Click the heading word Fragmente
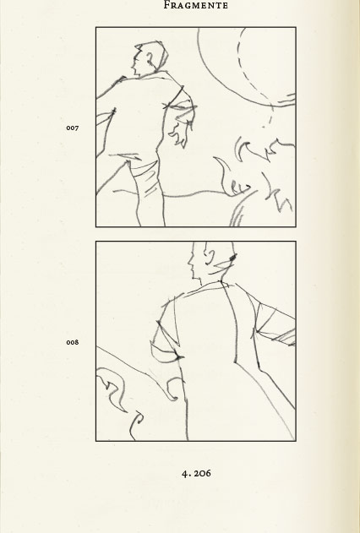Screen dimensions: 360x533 (x=196, y=5)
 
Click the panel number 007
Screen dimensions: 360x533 (x=73, y=128)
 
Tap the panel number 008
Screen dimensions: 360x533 (x=73, y=342)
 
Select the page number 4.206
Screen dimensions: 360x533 (x=196, y=473)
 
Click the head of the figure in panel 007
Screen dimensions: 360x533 (x=150, y=58)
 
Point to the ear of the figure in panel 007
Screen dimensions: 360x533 (x=150, y=60)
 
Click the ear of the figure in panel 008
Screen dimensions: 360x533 (x=210, y=258)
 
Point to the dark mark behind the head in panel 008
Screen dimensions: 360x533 (x=233, y=258)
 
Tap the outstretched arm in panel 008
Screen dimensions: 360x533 (x=275, y=326)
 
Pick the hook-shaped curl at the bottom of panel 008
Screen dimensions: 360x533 (x=136, y=425)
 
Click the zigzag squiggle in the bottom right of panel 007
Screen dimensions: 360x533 (x=279, y=197)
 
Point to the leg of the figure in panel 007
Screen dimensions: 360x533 (x=150, y=193)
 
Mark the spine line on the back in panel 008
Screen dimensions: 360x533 (x=232, y=323)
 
